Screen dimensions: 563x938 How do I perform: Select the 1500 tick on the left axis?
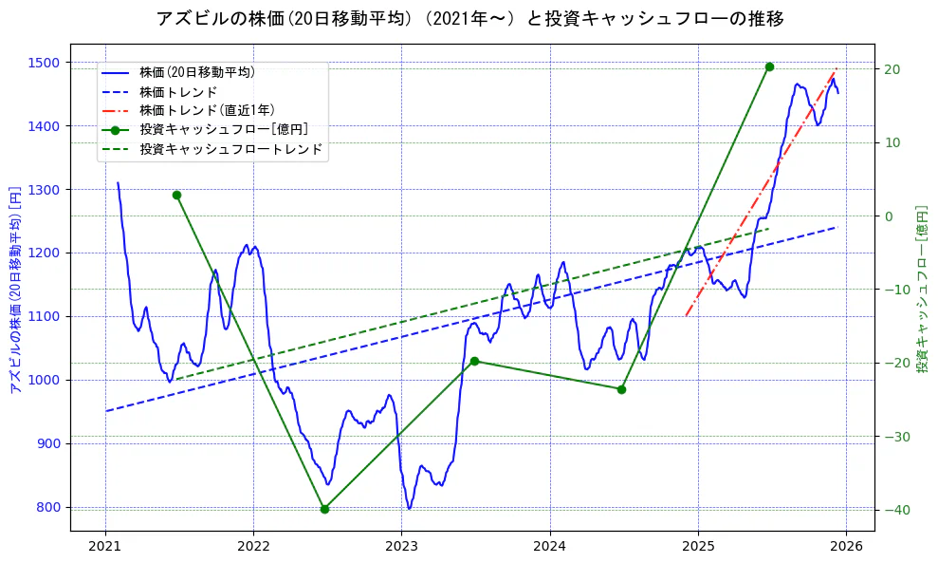click(x=45, y=63)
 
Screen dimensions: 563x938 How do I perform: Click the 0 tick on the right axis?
click(x=889, y=216)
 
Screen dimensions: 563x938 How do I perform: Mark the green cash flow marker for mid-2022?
click(x=324, y=509)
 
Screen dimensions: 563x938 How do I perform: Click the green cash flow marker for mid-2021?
click(x=176, y=195)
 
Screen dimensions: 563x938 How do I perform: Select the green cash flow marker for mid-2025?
click(x=769, y=66)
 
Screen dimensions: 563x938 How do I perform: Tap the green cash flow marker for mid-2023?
click(x=474, y=361)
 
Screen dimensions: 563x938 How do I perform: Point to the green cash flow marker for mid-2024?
click(x=621, y=389)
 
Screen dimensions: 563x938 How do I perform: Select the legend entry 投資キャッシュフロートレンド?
click(x=230, y=149)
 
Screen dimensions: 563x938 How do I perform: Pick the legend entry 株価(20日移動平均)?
click(x=196, y=71)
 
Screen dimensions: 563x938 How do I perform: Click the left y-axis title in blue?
click(x=14, y=290)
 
